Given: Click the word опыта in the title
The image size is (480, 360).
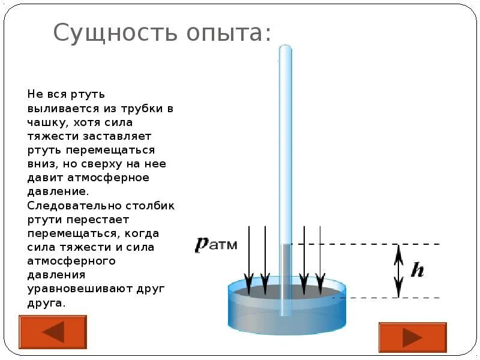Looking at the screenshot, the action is pos(221,32).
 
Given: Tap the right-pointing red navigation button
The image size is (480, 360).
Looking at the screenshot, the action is pos(412,337).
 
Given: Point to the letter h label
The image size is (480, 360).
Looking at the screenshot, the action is pos(417,270).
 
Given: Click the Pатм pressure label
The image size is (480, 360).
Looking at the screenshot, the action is pos(216,244).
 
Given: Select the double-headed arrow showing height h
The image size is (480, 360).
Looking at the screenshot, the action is pos(397,270).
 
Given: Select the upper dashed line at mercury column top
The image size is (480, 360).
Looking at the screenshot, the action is pos(372,244).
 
